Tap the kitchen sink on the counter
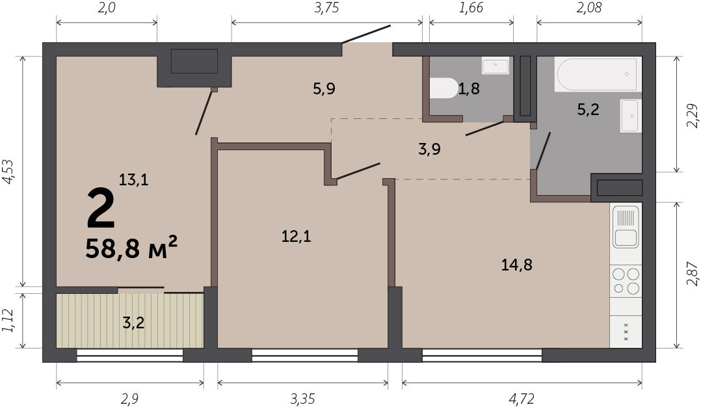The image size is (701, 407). click(626, 227)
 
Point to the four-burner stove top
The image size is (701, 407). click(626, 281)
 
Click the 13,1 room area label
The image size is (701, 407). click(133, 180)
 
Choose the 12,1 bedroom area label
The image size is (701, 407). click(296, 236)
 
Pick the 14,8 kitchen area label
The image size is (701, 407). click(516, 265)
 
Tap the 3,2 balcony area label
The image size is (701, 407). click(133, 322)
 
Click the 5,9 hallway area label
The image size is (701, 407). click(324, 89)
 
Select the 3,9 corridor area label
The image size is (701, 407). click(429, 150)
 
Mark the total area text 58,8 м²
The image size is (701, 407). click(131, 248)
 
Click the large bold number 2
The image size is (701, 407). click(101, 207)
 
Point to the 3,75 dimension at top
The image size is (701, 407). click(326, 8)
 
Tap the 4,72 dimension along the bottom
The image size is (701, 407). click(522, 398)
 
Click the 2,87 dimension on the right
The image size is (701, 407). click(693, 274)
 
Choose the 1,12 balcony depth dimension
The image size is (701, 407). click(8, 321)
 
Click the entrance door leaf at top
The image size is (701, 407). click(366, 34)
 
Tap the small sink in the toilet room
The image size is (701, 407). click(496, 66)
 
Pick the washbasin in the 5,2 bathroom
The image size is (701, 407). click(631, 116)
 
